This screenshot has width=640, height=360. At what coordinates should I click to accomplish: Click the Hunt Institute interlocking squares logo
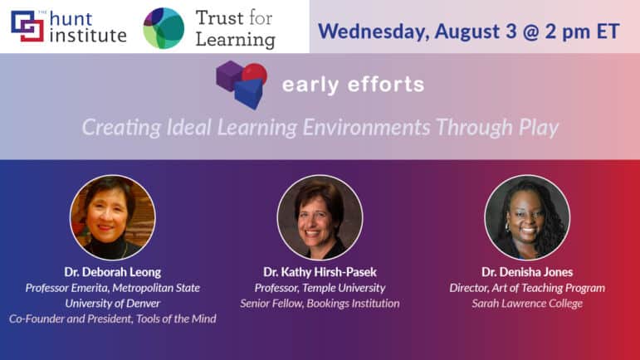[x=27, y=26]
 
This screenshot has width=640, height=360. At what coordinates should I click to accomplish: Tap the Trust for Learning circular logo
[x=164, y=28]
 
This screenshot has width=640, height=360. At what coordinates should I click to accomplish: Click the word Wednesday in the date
[x=373, y=32]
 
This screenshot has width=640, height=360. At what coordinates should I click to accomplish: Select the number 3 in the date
[x=511, y=32]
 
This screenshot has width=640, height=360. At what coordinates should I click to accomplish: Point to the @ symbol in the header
[x=530, y=32]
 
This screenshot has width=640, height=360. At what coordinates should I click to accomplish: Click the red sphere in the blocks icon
[x=256, y=73]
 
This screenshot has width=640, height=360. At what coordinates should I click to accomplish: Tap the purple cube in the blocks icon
[x=229, y=75]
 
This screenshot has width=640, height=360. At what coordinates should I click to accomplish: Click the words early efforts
[x=354, y=85]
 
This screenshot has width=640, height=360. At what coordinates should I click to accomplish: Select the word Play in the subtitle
[x=539, y=128]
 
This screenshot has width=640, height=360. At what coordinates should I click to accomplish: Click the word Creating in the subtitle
[x=122, y=128]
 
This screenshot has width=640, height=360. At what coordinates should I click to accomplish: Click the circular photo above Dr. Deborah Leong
[x=113, y=217]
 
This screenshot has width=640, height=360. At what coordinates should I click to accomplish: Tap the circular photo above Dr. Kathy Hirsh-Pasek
[x=320, y=217]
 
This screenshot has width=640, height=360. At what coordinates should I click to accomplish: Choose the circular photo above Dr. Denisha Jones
[x=527, y=217]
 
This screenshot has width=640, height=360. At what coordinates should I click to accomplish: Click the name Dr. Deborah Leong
[x=113, y=272]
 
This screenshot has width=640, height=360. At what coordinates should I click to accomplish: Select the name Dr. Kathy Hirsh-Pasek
[x=320, y=272]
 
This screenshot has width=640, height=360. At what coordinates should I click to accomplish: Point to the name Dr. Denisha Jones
[x=527, y=272]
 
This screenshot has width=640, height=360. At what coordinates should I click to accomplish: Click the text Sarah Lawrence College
[x=527, y=304]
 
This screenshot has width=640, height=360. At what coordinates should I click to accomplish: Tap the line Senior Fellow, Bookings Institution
[x=320, y=304]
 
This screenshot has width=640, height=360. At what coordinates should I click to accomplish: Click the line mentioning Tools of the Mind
[x=113, y=319]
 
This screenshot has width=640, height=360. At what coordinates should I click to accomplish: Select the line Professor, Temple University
[x=320, y=288]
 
